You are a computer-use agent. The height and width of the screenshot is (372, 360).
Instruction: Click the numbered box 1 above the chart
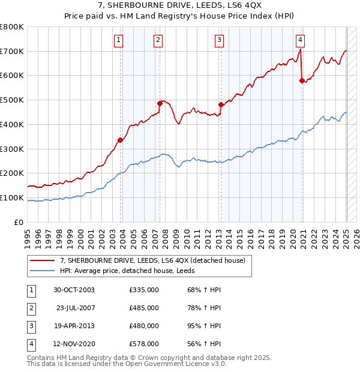[118, 40]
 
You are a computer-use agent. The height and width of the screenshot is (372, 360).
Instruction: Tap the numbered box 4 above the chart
[300, 40]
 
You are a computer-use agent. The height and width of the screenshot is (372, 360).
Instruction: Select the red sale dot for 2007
[160, 103]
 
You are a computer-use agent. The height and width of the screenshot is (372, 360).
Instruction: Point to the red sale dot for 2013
[221, 104]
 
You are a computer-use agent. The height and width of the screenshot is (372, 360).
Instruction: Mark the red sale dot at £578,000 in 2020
[302, 80]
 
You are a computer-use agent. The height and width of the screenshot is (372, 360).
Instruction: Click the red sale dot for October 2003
[120, 140]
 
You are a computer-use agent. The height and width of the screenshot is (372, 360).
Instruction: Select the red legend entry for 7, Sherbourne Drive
[152, 260]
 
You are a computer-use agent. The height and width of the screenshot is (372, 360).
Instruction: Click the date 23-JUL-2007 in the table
[75, 308]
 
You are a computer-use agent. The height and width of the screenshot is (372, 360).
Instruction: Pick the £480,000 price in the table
[144, 326]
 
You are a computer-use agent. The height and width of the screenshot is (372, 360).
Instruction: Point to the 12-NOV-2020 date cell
[75, 344]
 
